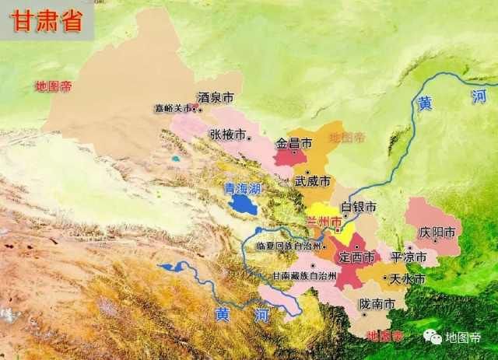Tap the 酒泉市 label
pyautogui.click(x=216, y=98)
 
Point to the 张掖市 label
pyautogui.click(x=227, y=134)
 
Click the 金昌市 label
pyautogui.click(x=294, y=143)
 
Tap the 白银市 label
pyautogui.click(x=359, y=208)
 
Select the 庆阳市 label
pyautogui.click(x=435, y=232)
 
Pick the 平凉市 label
pyautogui.click(x=409, y=257)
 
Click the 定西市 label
pyautogui.click(x=357, y=257)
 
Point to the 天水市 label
pyautogui.click(x=408, y=278)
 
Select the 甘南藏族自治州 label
pyautogui.click(x=304, y=276)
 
